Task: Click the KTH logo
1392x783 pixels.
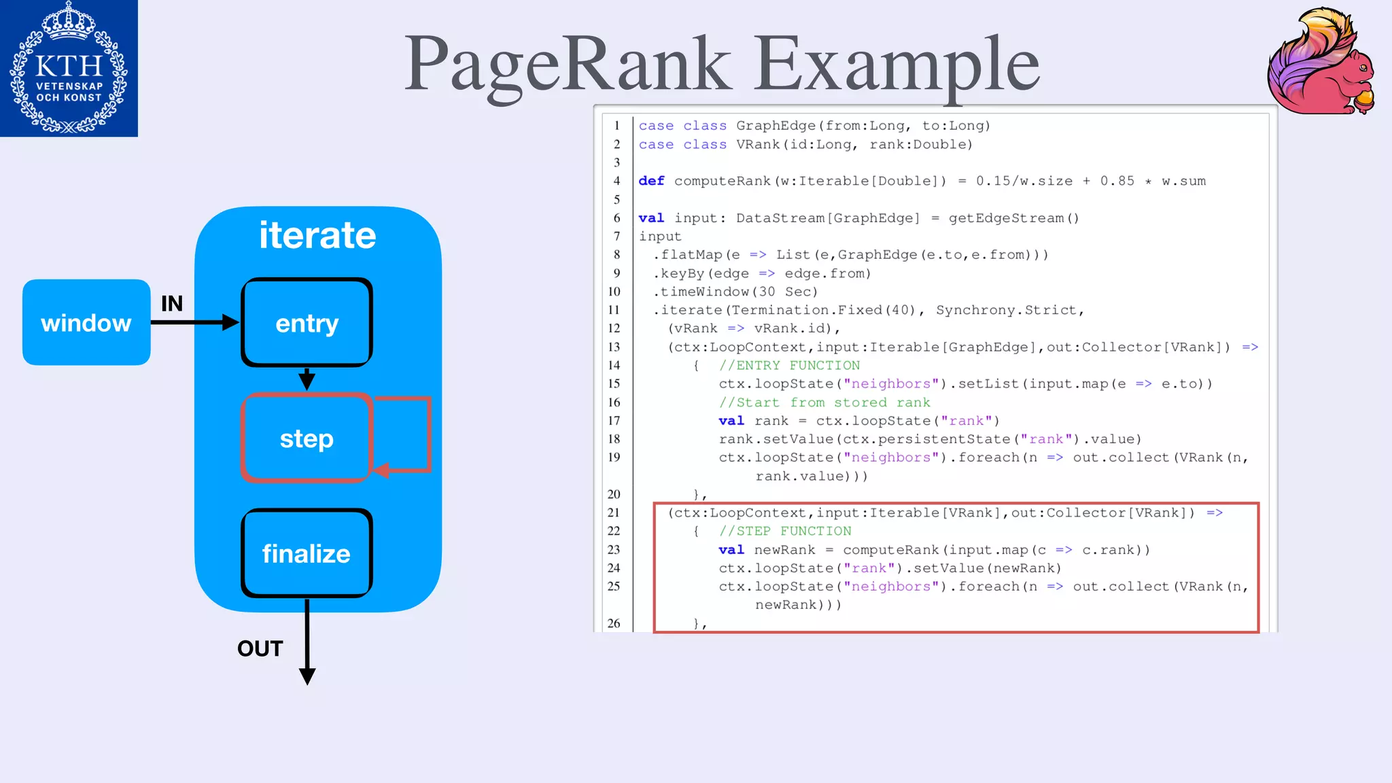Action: tap(69, 68)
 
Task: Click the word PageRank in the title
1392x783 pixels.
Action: tap(568, 64)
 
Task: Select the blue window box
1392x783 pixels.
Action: tap(86, 323)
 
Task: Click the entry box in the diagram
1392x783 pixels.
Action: tap(307, 323)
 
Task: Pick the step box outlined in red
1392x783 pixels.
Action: tap(307, 438)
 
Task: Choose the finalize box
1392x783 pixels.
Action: tap(307, 553)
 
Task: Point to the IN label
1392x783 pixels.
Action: tap(172, 303)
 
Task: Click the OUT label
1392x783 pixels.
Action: tap(260, 648)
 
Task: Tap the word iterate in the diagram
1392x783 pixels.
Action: tap(317, 235)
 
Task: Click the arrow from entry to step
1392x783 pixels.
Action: tap(307, 379)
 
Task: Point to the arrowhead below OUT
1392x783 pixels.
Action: tap(307, 676)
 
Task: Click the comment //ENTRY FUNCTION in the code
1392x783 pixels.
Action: tap(789, 366)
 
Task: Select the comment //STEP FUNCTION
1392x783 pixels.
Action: tap(785, 532)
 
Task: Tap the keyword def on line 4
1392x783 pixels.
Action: tap(651, 181)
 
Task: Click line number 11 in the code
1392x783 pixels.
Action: tap(614, 310)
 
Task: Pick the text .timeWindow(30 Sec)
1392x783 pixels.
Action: tap(735, 292)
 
